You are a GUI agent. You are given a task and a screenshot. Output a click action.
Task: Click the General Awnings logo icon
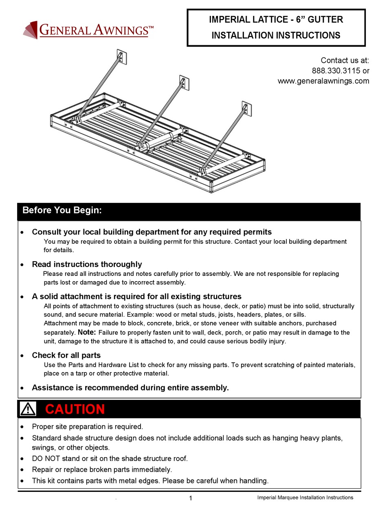click(x=30, y=31)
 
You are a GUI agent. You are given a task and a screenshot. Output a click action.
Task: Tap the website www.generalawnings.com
click(x=323, y=81)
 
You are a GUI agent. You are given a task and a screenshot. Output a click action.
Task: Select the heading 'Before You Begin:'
click(x=62, y=211)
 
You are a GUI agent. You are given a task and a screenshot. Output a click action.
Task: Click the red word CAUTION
click(x=75, y=409)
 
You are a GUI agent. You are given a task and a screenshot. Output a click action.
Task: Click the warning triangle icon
click(x=28, y=409)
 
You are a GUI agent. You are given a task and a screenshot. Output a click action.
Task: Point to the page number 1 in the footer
click(x=190, y=498)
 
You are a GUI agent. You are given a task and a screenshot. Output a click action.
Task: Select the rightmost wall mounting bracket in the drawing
click(x=246, y=108)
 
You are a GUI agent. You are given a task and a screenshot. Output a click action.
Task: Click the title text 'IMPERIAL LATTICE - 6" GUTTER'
click(x=276, y=20)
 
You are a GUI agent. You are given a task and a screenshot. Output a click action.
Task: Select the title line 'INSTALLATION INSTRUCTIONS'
click(x=276, y=35)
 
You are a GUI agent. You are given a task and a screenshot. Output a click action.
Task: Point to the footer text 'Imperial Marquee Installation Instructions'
click(x=305, y=498)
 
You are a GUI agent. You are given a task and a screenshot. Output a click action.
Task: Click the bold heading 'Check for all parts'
click(x=66, y=355)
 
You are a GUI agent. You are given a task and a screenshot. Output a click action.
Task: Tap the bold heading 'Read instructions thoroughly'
click(x=87, y=264)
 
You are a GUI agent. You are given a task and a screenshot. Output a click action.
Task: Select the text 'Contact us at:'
click(x=345, y=60)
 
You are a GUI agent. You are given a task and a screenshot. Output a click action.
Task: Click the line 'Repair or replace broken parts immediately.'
click(x=102, y=469)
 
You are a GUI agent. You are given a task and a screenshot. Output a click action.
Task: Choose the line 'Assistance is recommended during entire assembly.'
click(x=130, y=388)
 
